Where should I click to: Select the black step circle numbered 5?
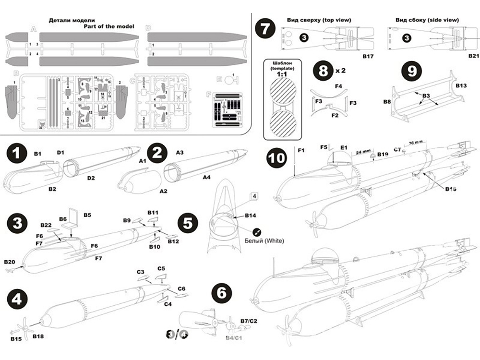tap(188, 223)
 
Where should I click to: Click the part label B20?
tap(10, 262)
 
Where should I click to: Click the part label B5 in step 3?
tap(88, 215)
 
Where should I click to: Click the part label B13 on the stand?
tap(461, 85)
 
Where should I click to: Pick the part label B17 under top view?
tap(368, 57)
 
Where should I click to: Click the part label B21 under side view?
tap(474, 57)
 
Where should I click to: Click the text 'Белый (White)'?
tap(264, 240)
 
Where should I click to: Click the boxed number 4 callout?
tap(254, 196)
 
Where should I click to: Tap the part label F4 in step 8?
tap(338, 86)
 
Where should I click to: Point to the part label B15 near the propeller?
tap(16, 339)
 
